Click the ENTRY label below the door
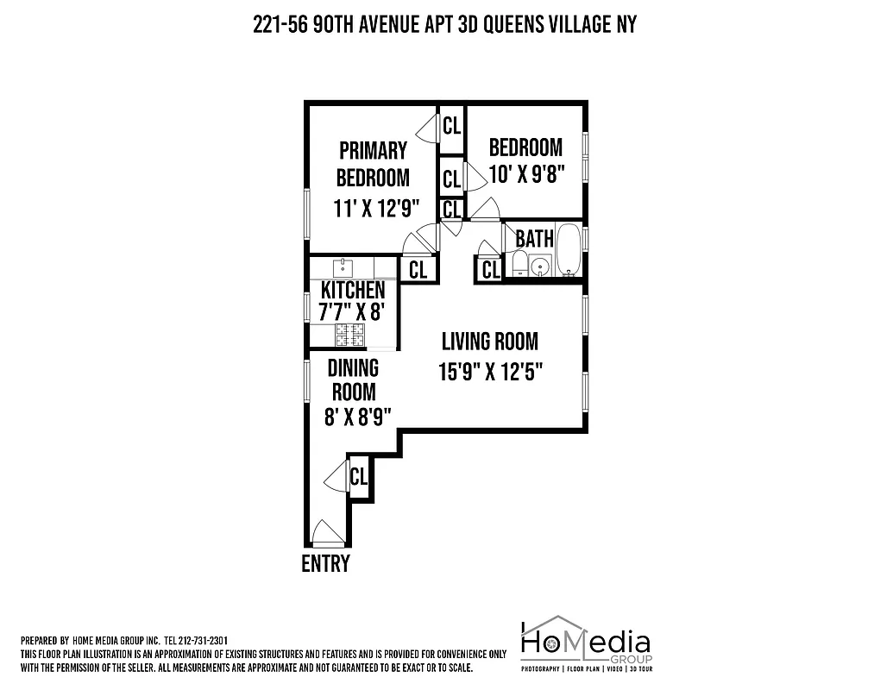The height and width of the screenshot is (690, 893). (325, 564)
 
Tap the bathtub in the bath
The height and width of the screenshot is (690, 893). (569, 249)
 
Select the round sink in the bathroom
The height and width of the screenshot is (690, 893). (541, 267)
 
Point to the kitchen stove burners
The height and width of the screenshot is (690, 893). (351, 334)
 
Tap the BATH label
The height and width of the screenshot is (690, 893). (534, 238)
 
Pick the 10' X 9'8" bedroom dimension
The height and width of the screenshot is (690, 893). (525, 174)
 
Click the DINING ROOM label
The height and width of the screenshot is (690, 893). (353, 379)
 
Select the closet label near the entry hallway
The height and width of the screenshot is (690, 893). (359, 476)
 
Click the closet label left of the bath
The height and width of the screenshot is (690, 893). (490, 271)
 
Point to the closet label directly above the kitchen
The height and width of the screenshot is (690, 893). (418, 270)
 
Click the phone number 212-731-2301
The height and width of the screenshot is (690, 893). (202, 641)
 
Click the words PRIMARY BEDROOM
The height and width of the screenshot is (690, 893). (373, 164)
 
